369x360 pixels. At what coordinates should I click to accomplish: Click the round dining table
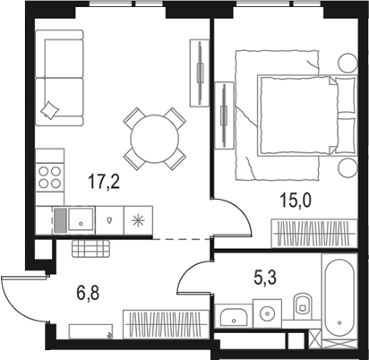point(153,137)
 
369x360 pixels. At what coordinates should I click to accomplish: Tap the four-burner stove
point(51,176)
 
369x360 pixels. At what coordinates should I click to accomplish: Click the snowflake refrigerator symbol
point(138,218)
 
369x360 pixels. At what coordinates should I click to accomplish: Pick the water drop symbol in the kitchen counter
point(109,218)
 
